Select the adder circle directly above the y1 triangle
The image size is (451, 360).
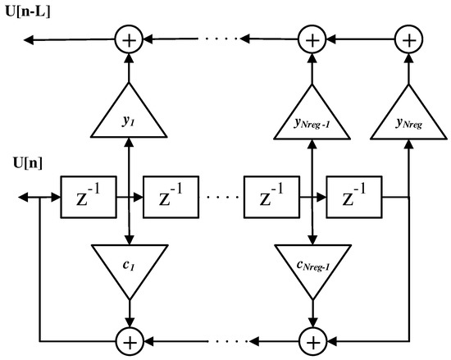tap(129, 38)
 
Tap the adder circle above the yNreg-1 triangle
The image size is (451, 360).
tap(312, 38)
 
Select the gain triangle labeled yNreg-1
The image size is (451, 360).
tap(312, 116)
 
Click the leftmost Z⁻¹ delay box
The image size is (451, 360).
tap(86, 198)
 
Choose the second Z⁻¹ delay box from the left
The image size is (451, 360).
tap(170, 198)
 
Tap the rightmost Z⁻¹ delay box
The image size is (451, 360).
tap(350, 198)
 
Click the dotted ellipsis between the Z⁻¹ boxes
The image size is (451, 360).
tap(218, 198)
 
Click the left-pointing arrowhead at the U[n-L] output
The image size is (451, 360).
tap(30, 38)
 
